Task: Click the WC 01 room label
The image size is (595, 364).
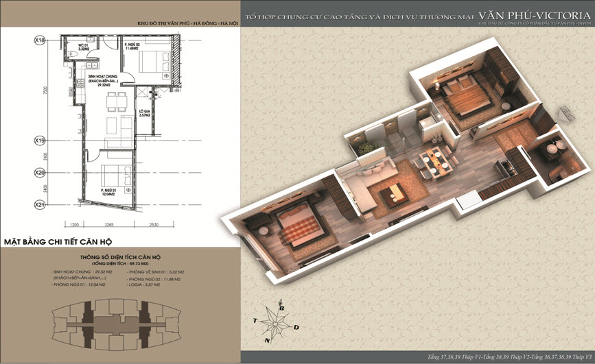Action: (84, 47)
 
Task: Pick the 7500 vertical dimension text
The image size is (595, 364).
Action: (45, 90)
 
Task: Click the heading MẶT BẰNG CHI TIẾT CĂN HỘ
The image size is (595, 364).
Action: (58, 242)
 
